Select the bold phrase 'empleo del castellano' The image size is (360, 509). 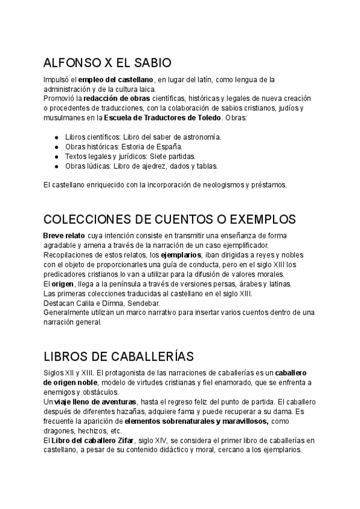pyautogui.click(x=116, y=80)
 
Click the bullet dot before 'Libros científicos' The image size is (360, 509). pyautogui.click(x=56, y=137)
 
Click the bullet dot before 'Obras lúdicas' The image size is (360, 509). pyautogui.click(x=56, y=166)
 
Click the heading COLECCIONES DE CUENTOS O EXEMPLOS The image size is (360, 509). pyautogui.click(x=170, y=219)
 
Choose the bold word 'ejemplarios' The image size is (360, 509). pyautogui.click(x=181, y=254)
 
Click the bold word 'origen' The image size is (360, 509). pyautogui.click(x=62, y=283)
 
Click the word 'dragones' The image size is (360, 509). pyautogui.click(x=59, y=430)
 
